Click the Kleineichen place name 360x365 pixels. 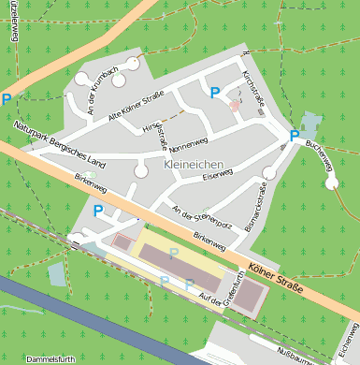coord(194,165)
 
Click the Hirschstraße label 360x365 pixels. coord(158,136)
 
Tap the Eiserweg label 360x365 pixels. coord(216,174)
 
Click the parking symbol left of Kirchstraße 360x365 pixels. coord(215,93)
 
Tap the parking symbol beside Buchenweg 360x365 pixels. coord(294,136)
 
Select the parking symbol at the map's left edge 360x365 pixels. coord(7,98)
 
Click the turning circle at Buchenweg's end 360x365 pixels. coord(332,183)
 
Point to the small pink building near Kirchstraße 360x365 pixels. coord(234,106)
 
